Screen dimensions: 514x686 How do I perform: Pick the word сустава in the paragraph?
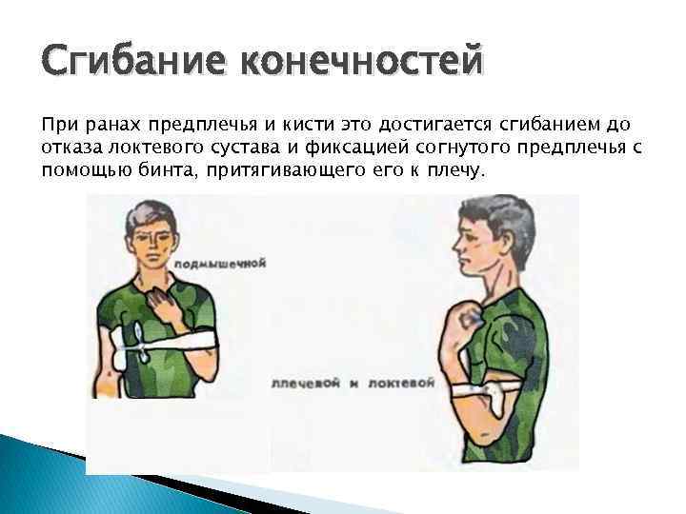(263, 148)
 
